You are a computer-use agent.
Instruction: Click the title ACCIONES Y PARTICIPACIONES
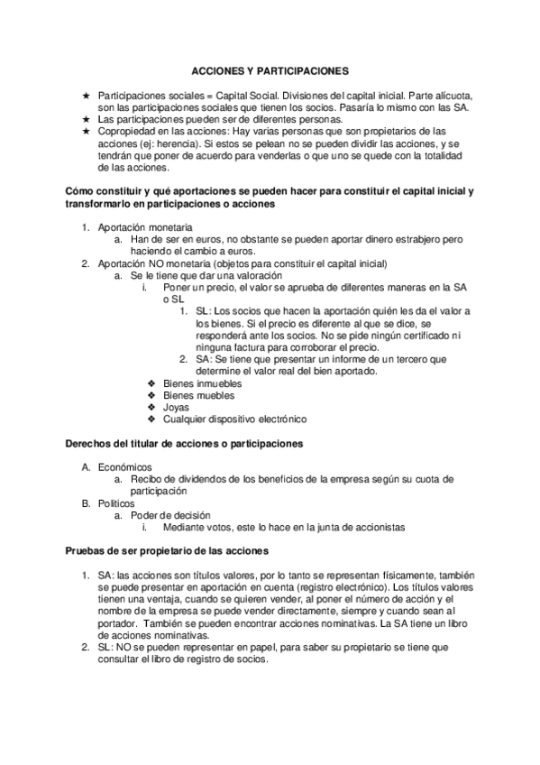point(270,69)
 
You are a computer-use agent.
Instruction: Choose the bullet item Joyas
point(178,407)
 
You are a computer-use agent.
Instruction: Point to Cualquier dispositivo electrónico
point(235,419)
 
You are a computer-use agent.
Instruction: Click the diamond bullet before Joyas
point(151,407)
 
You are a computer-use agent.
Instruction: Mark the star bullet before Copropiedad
point(85,131)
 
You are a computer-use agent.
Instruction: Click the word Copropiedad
point(127,131)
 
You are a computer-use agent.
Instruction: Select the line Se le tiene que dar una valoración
point(205,275)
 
